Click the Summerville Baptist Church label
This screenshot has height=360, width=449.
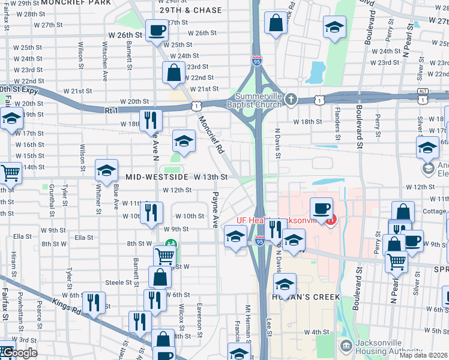click(x=258, y=100)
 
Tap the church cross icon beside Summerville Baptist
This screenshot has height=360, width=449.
click(x=291, y=99)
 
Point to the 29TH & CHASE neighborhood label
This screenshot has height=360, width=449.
click(x=191, y=11)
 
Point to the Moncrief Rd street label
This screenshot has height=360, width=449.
click(x=211, y=136)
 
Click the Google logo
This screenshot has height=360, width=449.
click(x=19, y=353)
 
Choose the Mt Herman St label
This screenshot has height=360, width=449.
click(x=247, y=324)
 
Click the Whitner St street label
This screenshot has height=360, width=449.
click(x=98, y=197)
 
